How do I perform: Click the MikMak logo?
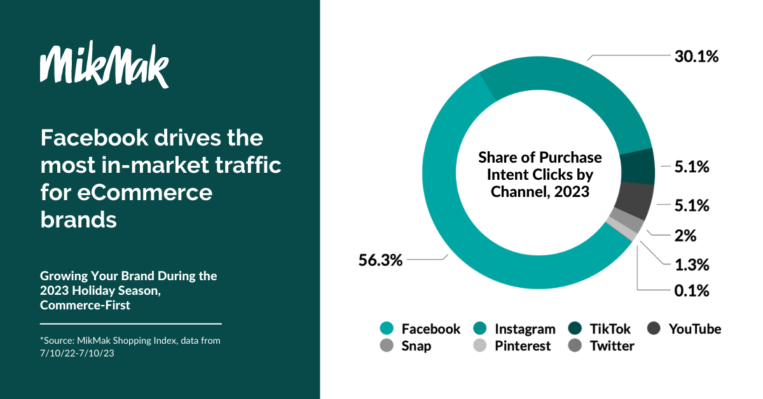104,64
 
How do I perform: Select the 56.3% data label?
380,260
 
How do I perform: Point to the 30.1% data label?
697,56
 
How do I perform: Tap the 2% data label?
685,236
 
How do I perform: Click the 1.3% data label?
692,264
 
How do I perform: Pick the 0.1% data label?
692,291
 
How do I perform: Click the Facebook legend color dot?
387,328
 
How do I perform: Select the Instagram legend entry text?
525,329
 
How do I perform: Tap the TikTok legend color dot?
575,328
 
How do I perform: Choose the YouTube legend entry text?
695,329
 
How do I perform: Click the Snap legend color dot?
387,345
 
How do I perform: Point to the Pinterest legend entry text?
523,346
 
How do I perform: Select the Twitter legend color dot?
575,345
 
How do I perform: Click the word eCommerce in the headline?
145,193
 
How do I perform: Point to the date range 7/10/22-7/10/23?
77,353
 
